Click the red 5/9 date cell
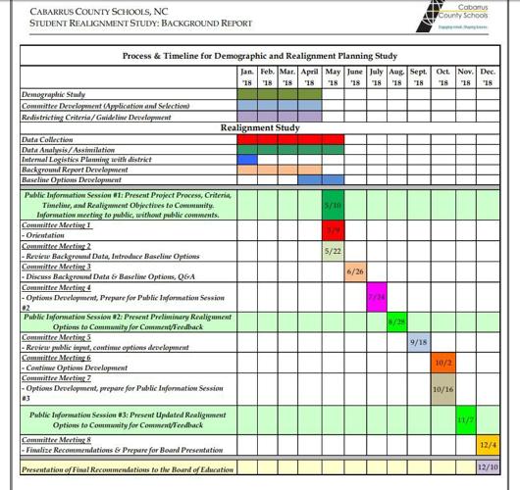[334, 230]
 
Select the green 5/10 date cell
[334, 205]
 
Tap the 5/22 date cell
[334, 251]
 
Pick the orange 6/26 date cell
[355, 271]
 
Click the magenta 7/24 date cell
[376, 296]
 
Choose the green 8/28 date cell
[396, 320]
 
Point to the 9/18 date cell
[419, 341]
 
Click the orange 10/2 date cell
[442, 363]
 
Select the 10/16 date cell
[442, 388]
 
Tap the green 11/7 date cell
[466, 419]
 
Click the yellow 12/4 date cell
[488, 444]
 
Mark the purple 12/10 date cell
[488, 468]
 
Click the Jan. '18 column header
[247, 77]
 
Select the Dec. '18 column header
[488, 77]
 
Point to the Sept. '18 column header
[419, 77]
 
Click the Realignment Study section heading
[260, 127]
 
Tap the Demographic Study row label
[54, 95]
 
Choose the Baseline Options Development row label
[72, 180]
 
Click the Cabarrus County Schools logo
[460, 18]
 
